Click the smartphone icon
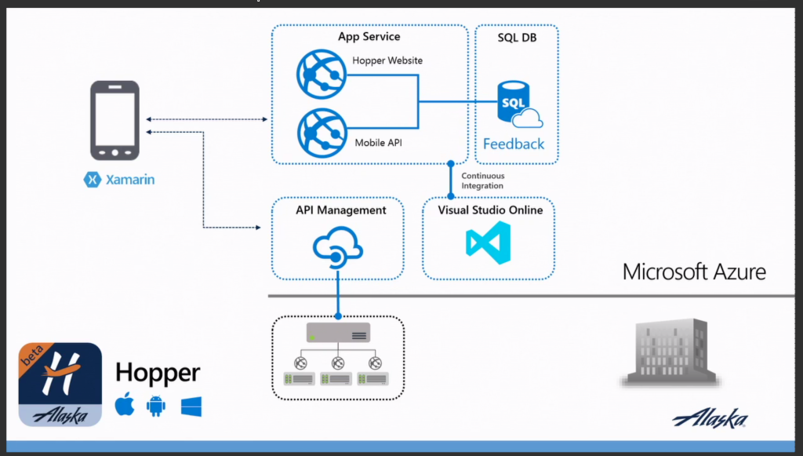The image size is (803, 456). point(114,121)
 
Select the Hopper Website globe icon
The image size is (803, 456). point(322,74)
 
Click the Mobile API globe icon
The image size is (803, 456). point(322,130)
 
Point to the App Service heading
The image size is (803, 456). point(369,37)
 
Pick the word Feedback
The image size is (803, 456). point(514,144)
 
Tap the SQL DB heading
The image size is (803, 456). point(517,37)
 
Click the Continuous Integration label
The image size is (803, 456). point(482,181)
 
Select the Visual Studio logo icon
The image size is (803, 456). point(489,243)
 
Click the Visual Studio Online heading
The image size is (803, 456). point(489,210)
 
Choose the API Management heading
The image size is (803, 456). point(340,210)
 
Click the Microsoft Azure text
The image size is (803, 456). point(694,272)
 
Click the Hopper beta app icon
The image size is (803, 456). point(60,385)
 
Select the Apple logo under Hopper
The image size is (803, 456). point(125,406)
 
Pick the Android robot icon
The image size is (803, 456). point(156,406)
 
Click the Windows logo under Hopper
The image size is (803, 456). point(191,406)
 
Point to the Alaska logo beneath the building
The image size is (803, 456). point(710,419)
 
